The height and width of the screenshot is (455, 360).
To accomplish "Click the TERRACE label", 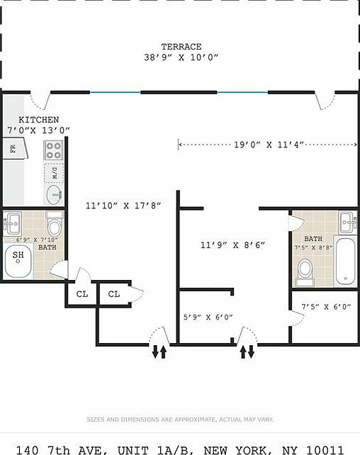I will coord(181,47).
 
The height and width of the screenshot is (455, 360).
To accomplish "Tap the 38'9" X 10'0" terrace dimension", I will coord(181,57).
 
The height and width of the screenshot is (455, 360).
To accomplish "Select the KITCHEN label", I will coord(38,120).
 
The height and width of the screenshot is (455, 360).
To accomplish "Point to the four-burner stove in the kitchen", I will coord(54,150).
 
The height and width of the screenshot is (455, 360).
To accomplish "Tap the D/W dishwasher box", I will coord(54,172).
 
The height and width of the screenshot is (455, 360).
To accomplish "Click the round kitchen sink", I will coord(54,194).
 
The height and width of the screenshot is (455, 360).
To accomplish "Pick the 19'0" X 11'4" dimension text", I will coord(269,145).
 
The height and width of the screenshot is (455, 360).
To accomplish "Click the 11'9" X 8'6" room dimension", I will coord(232,245).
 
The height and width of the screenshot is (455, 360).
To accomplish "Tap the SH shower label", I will coord(18,255).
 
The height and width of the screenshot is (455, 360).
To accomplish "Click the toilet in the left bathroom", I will coord(54,226).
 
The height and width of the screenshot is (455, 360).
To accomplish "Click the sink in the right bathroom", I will coord(347,222).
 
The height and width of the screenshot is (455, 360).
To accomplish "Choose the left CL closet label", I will coord(81,293).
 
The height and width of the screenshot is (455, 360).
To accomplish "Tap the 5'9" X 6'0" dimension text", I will coord(208,317).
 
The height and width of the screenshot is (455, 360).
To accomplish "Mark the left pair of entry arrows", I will coord(159,351).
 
